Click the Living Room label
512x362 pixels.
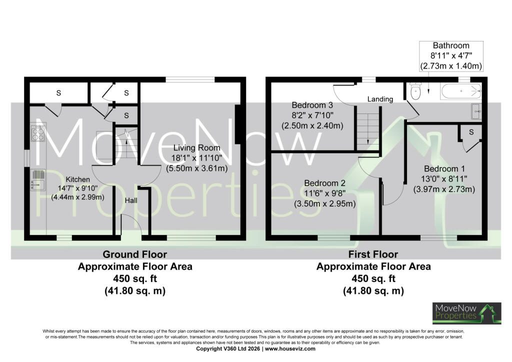pyautogui.click(x=196, y=148)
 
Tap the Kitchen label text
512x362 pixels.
pyautogui.click(x=77, y=179)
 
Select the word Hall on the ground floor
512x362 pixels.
pyautogui.click(x=131, y=200)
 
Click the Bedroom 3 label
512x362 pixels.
pyautogui.click(x=312, y=105)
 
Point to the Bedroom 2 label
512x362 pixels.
pyautogui.click(x=324, y=183)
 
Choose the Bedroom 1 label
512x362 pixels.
pyautogui.click(x=444, y=169)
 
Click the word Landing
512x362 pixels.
pyautogui.click(x=380, y=99)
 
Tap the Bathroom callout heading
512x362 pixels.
pyautogui.click(x=451, y=45)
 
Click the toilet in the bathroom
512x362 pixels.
pyautogui.click(x=415, y=91)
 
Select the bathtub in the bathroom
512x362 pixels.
pyautogui.click(x=460, y=90)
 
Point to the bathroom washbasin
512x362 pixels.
pyautogui.click(x=476, y=111)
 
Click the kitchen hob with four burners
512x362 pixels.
pyautogui.click(x=38, y=133)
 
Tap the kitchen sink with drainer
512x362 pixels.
pyautogui.click(x=38, y=179)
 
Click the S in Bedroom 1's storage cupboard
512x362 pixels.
pyautogui.click(x=471, y=132)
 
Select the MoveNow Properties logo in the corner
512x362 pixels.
pyautogui.click(x=466, y=313)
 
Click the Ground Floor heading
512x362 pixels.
pyautogui.click(x=135, y=254)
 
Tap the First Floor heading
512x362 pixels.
pyautogui.click(x=373, y=254)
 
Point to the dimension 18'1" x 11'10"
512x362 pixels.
pyautogui.click(x=197, y=158)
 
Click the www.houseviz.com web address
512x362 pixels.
pyautogui.click(x=290, y=348)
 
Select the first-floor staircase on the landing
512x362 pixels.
pyautogui.click(x=368, y=129)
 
